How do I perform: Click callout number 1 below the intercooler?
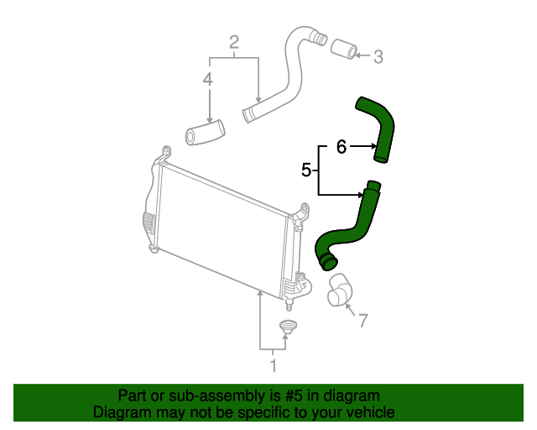[x=273, y=365]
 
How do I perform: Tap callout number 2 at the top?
[x=235, y=42]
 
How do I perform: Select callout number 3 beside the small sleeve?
[x=378, y=57]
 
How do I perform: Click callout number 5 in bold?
[x=306, y=170]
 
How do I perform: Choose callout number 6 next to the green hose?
[x=341, y=147]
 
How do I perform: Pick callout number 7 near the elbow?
[x=362, y=320]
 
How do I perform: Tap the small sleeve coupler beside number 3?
[x=342, y=50]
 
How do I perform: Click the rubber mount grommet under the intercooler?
[x=288, y=328]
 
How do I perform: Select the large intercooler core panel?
[x=222, y=227]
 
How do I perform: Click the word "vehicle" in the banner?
[x=368, y=412]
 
